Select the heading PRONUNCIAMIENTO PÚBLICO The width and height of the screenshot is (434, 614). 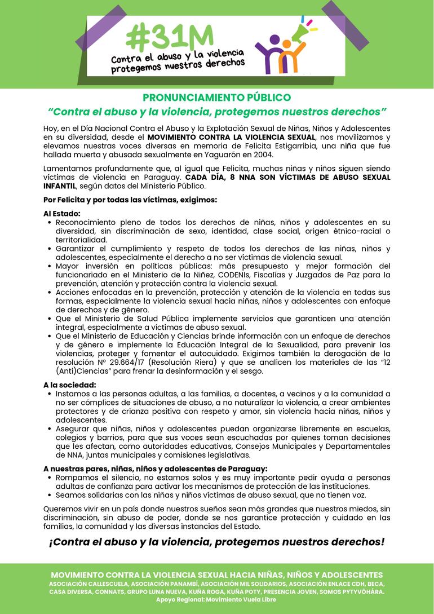[x=217, y=98]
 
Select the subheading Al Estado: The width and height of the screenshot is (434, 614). [x=62, y=214]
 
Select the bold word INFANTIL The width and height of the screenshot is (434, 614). [x=60, y=185]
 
